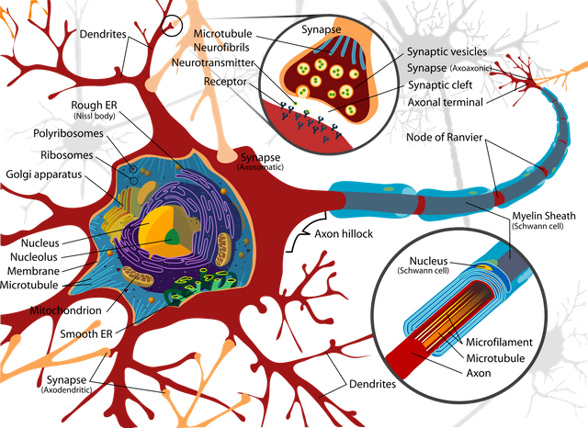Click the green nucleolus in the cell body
pyautogui.click(x=173, y=237)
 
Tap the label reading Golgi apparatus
pyautogui.click(x=44, y=175)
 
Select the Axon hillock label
pyautogui.click(x=344, y=234)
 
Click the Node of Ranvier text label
pyautogui.click(x=445, y=137)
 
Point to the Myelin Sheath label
pyautogui.click(x=544, y=216)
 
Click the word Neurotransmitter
pyautogui.click(x=213, y=62)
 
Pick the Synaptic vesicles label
pyautogui.click(x=447, y=51)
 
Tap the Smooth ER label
pyautogui.click(x=86, y=334)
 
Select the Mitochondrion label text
pyautogui.click(x=65, y=310)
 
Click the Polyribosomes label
pyautogui.click(x=68, y=133)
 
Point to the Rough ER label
pyautogui.click(x=94, y=105)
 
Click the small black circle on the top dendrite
pyautogui.click(x=172, y=26)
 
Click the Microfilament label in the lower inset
pyautogui.click(x=499, y=343)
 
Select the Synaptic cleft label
pyautogui.click(x=440, y=85)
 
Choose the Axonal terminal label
pyautogui.click(x=445, y=102)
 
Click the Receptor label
pyautogui.click(x=225, y=82)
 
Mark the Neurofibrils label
pyautogui.click(x=221, y=48)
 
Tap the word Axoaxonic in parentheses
pyautogui.click(x=471, y=68)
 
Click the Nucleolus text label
pyautogui.click(x=34, y=257)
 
